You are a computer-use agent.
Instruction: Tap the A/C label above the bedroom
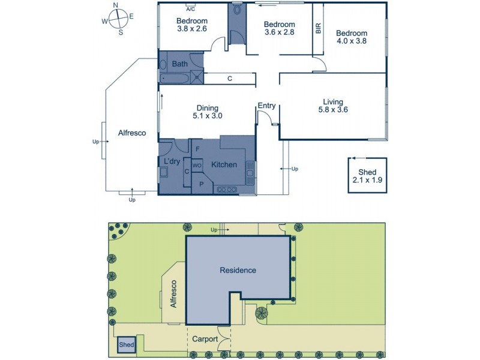190,10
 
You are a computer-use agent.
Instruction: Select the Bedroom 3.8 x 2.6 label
192,25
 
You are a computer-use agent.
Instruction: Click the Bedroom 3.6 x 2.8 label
280,29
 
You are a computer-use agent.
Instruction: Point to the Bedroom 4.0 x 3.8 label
351,37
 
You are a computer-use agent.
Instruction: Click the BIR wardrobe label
318,28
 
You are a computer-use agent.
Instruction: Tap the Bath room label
179,64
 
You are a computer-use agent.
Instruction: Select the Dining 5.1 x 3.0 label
208,112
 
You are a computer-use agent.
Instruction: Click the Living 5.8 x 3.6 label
333,106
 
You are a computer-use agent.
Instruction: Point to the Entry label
266,106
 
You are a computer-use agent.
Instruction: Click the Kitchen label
224,165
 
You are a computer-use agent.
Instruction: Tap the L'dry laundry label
172,161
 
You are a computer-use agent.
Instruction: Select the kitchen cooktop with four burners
226,190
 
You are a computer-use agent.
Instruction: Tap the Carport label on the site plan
205,338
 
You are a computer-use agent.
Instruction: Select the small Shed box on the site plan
126,344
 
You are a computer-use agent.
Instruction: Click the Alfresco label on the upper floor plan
132,134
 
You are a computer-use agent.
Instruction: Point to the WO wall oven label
196,165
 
